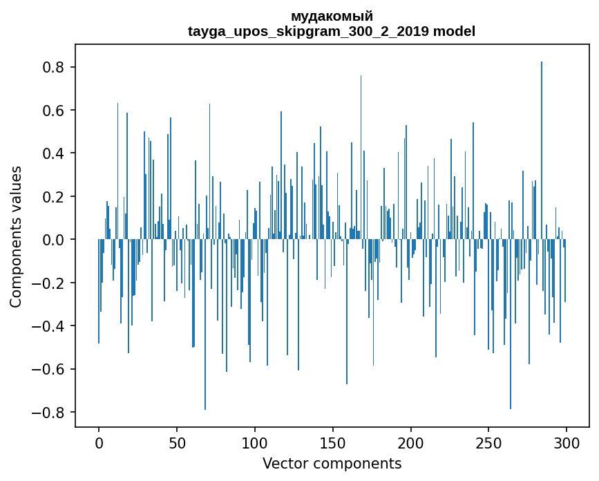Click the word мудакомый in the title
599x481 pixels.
coord(332,16)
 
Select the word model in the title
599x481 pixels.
coord(455,31)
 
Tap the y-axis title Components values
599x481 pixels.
coord(16,236)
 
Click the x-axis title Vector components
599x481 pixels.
coord(332,463)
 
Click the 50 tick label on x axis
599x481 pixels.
coord(177,442)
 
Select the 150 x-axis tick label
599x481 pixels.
coord(333,442)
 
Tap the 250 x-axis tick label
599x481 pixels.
coord(488,442)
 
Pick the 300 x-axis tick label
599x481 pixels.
coord(567,442)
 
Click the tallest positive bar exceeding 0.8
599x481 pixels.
coord(542,152)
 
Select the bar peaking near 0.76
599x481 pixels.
coord(361,159)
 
